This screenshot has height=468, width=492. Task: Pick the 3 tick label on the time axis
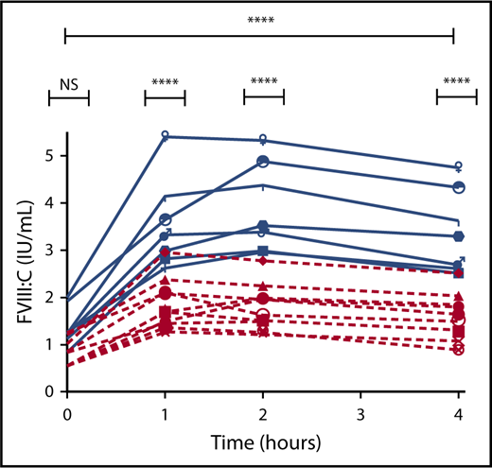pyautogui.click(x=360, y=414)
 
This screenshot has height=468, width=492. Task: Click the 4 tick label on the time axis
pyautogui.click(x=458, y=414)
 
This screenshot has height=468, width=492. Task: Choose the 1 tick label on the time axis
pyautogui.click(x=165, y=414)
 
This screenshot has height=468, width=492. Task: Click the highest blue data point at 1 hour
pyautogui.click(x=165, y=136)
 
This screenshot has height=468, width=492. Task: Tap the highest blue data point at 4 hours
pyautogui.click(x=459, y=165)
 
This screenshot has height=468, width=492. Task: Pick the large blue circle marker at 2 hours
pyautogui.click(x=263, y=162)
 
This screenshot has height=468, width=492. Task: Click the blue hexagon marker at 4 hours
pyautogui.click(x=459, y=235)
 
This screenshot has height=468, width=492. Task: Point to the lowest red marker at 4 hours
pyautogui.click(x=459, y=350)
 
